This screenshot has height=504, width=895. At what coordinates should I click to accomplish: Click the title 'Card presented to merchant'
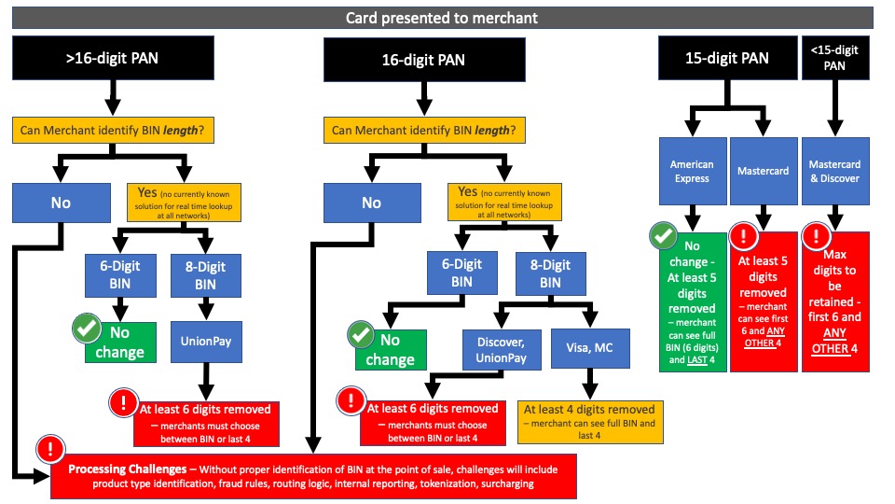coord(441,17)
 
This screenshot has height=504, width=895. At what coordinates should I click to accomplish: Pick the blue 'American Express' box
coord(692,172)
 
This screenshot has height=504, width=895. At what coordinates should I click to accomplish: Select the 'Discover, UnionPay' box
coord(501,348)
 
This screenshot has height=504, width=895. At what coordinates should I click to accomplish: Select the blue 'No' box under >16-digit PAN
coord(60,202)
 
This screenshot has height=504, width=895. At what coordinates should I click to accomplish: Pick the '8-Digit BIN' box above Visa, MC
coord(550,274)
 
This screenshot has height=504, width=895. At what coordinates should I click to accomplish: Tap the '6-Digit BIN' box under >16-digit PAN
coord(121,274)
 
